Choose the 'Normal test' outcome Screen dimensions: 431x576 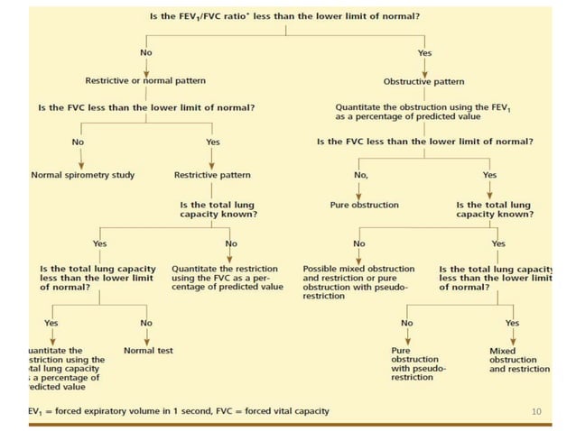pos(147,350)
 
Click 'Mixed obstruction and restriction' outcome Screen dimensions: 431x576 pos(518,360)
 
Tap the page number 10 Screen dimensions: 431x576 pos(536,412)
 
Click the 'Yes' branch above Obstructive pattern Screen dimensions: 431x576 pos(425,53)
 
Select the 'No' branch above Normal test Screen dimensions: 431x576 pos(146,323)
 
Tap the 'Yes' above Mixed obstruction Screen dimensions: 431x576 pos(512,323)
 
